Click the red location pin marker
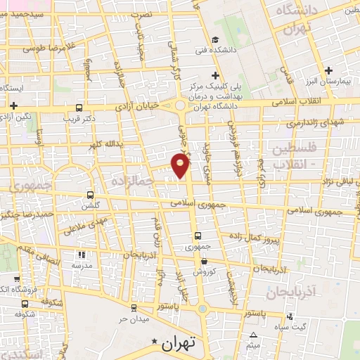coord(181,166)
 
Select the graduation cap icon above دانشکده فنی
coord(215,39)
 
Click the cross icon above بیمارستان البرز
coord(329,70)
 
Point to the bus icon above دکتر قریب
coord(79,109)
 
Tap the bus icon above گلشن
coord(89,195)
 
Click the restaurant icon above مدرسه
coord(82,255)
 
